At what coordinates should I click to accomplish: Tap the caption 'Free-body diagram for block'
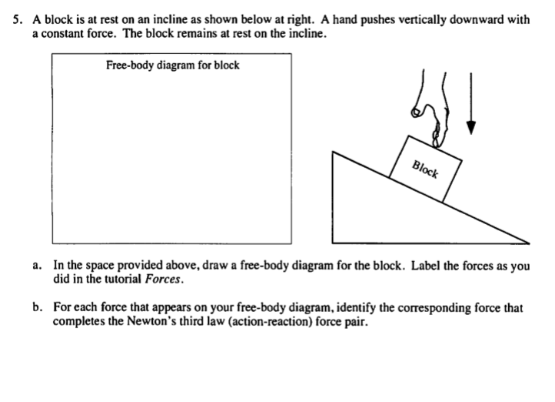pyautogui.click(x=172, y=65)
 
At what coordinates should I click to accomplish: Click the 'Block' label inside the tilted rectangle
pyautogui.click(x=425, y=168)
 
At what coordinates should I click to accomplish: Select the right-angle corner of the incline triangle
pyautogui.click(x=332, y=240)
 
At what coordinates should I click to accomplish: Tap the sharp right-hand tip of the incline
pyautogui.click(x=527, y=240)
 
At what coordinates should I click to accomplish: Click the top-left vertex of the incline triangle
pyautogui.click(x=332, y=152)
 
